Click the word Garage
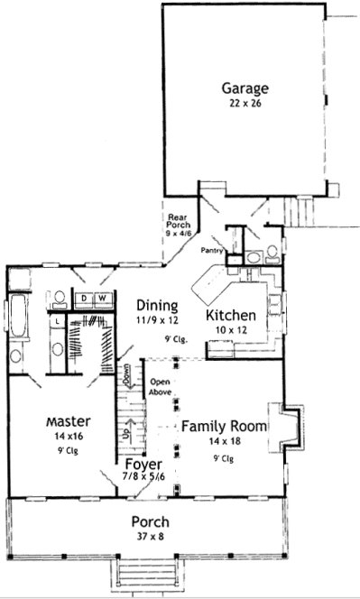pos(245,88)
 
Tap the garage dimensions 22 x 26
pos(245,104)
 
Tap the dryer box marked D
pos(84,297)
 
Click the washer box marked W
pos(101,297)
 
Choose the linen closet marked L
pos(57,321)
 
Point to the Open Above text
pos(161,385)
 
